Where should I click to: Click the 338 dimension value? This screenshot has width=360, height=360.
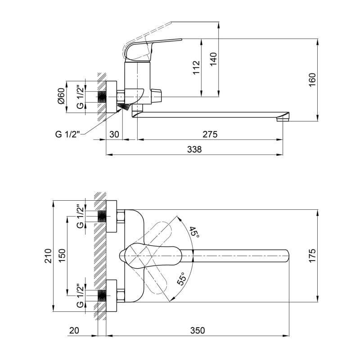(194, 149)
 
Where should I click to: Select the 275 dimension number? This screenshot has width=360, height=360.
(210, 134)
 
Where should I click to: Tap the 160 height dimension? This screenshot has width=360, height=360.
(312, 80)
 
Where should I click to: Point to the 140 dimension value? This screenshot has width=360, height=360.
(213, 59)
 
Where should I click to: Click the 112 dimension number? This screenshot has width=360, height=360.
(197, 67)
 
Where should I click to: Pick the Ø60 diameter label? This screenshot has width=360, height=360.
(62, 96)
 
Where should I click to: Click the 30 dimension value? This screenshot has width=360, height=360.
(114, 134)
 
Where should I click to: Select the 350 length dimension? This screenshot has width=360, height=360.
(198, 330)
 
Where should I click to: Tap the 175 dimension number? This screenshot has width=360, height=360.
(312, 256)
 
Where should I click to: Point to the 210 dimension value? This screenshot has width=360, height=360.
(48, 256)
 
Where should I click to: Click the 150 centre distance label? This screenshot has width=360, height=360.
(62, 256)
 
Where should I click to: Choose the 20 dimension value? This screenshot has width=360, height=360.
(74, 330)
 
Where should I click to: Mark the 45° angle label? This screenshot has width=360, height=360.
(194, 232)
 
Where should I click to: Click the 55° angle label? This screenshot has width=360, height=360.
(182, 279)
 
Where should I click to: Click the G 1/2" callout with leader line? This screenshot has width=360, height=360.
(67, 134)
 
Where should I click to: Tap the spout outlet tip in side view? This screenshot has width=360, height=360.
(283, 119)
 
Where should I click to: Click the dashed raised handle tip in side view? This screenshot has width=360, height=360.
(171, 22)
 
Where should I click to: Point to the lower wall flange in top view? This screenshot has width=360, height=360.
(111, 296)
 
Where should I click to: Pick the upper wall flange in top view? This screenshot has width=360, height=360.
(111, 216)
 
